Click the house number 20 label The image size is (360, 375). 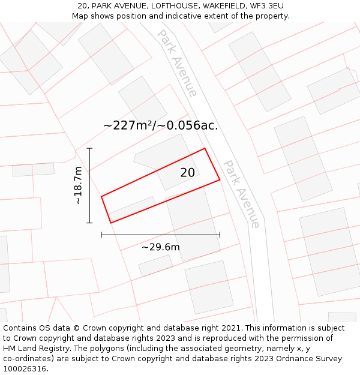pyautogui.click(x=188, y=173)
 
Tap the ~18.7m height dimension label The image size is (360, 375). pyautogui.click(x=78, y=186)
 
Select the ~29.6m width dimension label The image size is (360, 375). pyautogui.click(x=160, y=247)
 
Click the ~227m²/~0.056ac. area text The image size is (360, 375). pyautogui.click(x=160, y=125)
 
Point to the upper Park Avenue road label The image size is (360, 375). pyautogui.click(x=177, y=62)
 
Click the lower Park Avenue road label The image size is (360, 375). pyautogui.click(x=242, y=193)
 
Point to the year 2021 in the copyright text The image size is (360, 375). pyautogui.click(x=230, y=328)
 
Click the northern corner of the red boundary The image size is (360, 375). pyautogui.click(x=205, y=148)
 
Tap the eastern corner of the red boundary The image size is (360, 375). pyautogui.click(x=220, y=179)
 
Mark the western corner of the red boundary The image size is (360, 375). pyautogui.click(x=101, y=196)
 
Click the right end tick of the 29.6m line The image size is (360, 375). pyautogui.click(x=220, y=235)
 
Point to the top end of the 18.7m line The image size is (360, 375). pyautogui.click(x=89, y=148)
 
